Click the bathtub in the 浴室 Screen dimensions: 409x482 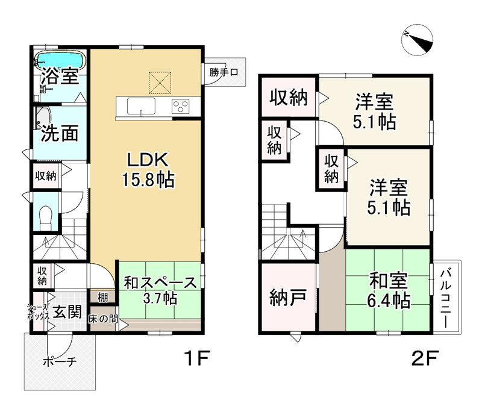coord(60,60)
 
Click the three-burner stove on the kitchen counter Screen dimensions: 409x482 coord(180,107)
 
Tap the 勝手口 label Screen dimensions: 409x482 coord(224,73)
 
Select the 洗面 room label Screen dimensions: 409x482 coord(60,133)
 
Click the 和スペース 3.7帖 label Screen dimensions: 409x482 coord(160,289)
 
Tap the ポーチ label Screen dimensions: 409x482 coord(59,362)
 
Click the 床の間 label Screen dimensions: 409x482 coord(104,319)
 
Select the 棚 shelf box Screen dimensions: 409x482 coord(102,296)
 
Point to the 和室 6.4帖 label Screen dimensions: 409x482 coord(389,290)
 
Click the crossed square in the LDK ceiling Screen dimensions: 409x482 coord(160,83)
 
